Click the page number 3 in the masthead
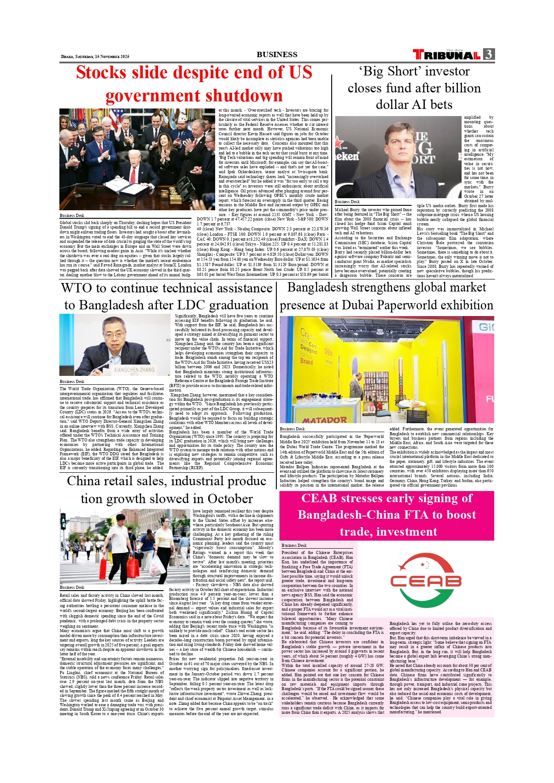click(x=489, y=54)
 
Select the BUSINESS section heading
click(x=277, y=54)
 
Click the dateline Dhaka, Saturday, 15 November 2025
click(x=95, y=57)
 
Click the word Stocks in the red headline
click(x=101, y=73)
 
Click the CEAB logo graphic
click(x=425, y=580)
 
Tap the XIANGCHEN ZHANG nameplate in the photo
click(x=134, y=370)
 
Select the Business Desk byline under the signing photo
click(x=72, y=216)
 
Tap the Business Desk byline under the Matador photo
click(x=292, y=429)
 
